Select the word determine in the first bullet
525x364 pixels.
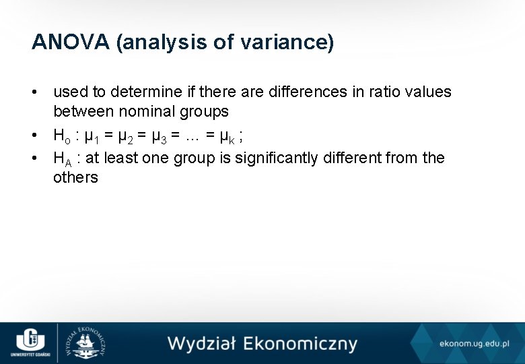[143, 92]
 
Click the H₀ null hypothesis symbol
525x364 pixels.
[63, 135]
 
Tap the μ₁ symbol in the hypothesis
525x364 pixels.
[92, 137]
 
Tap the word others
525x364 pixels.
[75, 177]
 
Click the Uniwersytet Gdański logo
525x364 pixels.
[29, 342]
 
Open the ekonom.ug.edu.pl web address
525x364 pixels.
[475, 344]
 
